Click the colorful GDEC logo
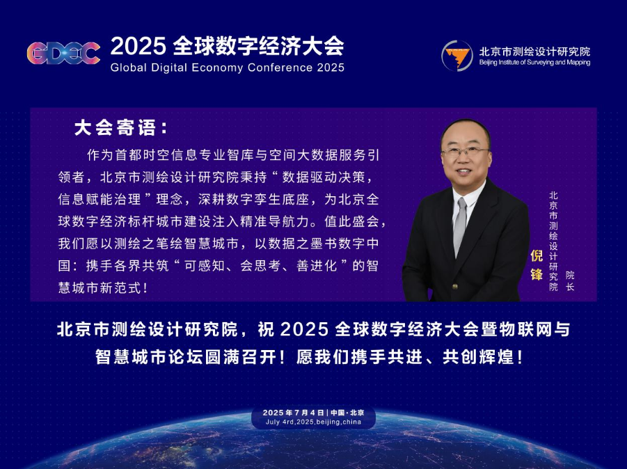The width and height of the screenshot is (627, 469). click(x=63, y=53)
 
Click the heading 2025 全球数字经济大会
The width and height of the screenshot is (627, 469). click(x=227, y=46)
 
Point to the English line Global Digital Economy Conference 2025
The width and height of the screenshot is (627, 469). click(x=227, y=67)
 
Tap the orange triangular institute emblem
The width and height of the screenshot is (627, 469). click(x=457, y=56)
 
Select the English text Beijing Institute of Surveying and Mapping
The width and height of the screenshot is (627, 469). click(x=534, y=63)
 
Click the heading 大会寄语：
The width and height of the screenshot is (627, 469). click(x=121, y=128)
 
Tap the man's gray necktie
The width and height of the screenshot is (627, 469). click(x=460, y=227)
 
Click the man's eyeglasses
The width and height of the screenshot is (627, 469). click(x=466, y=152)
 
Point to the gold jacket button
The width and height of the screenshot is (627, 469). click(x=454, y=286)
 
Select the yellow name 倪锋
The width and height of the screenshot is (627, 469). click(x=537, y=264)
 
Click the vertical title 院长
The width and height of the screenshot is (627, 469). click(x=570, y=280)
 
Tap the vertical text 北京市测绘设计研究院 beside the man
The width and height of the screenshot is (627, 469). click(x=553, y=241)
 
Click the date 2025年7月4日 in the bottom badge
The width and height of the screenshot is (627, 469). click(x=293, y=413)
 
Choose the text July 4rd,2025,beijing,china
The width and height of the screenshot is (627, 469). click(x=313, y=422)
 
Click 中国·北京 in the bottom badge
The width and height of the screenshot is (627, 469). click(x=347, y=413)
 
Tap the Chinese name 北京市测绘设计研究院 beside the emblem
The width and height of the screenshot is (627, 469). click(x=534, y=51)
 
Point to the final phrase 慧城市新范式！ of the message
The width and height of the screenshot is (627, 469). click(x=103, y=288)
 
